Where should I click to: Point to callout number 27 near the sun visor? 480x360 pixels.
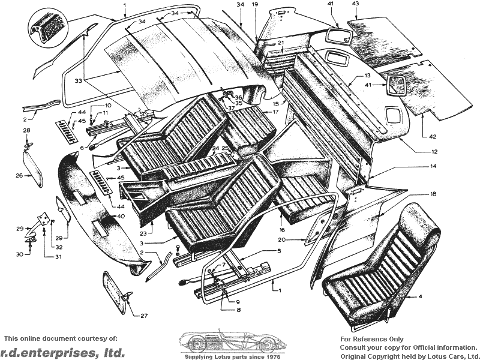[145, 316]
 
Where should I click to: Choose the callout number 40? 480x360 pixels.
[121, 216]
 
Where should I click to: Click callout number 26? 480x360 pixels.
[19, 176]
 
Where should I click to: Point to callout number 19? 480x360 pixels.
[255, 5]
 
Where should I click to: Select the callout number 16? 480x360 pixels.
[281, 229]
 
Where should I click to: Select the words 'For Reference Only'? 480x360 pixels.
[372, 339]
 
